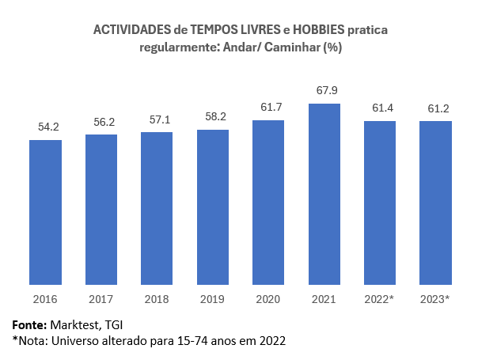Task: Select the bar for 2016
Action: (x=45, y=212)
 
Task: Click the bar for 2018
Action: (x=157, y=208)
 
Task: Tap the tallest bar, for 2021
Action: (x=324, y=194)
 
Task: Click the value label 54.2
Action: (x=46, y=127)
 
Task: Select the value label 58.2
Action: (x=213, y=116)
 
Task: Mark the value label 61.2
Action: (x=436, y=108)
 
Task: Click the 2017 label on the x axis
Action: (x=101, y=299)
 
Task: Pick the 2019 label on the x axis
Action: (x=213, y=299)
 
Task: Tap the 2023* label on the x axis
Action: (x=436, y=299)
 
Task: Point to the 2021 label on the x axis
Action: (x=324, y=299)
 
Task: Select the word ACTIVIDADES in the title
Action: (x=131, y=30)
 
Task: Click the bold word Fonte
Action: (x=28, y=325)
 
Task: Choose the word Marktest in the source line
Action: (x=74, y=325)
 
